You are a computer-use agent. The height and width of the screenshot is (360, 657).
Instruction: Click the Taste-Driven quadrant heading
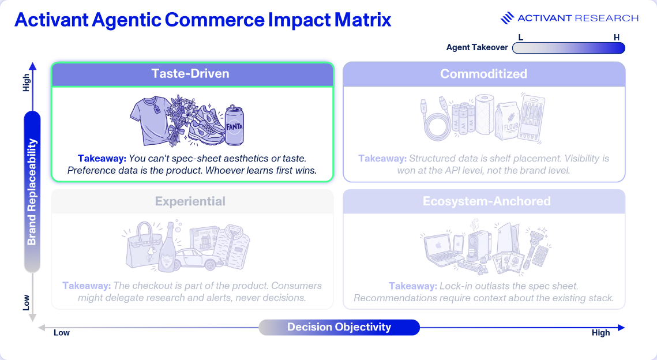(x=190, y=74)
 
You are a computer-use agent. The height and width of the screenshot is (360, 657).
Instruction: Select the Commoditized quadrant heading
(x=483, y=74)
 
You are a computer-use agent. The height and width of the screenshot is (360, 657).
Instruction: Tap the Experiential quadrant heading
(x=190, y=201)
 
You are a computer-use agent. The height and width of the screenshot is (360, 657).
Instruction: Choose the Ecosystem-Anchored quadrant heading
(x=486, y=201)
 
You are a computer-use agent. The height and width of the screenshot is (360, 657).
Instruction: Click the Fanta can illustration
(x=235, y=125)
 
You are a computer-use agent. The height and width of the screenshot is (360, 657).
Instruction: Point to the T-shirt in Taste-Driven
(x=151, y=120)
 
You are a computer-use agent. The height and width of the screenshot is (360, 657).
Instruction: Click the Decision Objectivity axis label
(x=339, y=327)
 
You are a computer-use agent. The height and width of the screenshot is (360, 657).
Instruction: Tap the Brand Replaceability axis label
(x=32, y=192)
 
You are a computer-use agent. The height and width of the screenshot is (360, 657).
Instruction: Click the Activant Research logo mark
(x=508, y=18)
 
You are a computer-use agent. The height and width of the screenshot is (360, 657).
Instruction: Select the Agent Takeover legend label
(x=477, y=47)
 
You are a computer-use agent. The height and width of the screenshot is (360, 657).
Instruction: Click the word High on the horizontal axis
(x=600, y=333)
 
